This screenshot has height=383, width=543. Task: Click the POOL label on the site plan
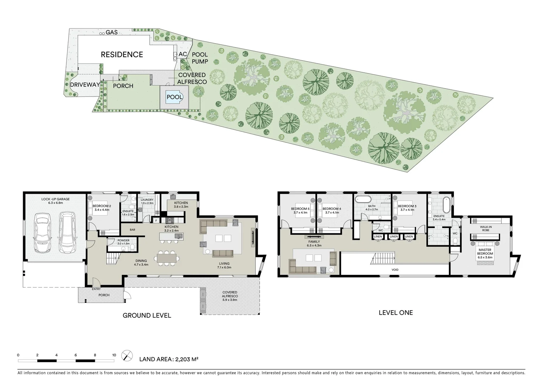tap(174, 97)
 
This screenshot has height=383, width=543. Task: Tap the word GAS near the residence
tap(112, 32)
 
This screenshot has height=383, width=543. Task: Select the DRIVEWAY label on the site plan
tap(85, 85)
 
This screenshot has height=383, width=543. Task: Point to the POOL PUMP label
tap(200, 58)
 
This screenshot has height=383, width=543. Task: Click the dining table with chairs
tap(167, 257)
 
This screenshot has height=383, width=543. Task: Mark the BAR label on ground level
tap(132, 230)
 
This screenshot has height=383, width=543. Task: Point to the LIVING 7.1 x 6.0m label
tap(224, 265)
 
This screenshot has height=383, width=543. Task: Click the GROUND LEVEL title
tap(147, 315)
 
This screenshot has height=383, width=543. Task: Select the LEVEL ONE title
tap(396, 312)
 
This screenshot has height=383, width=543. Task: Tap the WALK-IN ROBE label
tap(485, 228)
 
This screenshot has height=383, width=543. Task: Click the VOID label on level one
tap(395, 270)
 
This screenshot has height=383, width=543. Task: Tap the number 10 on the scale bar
tap(114, 355)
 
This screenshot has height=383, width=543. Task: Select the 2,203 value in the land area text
tap(181, 359)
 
